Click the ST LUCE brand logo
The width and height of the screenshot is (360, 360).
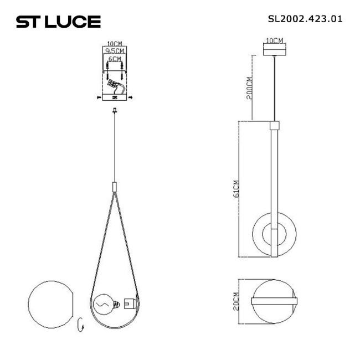pos(58,22)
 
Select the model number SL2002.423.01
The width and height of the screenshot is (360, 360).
pos(305,18)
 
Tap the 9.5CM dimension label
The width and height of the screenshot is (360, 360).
pos(115,50)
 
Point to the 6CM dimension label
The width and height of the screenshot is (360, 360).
pos(115,58)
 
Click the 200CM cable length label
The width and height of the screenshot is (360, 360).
pos(249,87)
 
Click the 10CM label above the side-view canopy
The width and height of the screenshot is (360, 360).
pos(275,40)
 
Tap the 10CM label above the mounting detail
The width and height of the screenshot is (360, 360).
pos(115,43)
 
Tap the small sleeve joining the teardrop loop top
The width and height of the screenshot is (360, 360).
pos(115,186)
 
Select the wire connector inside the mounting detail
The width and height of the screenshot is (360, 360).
pos(115,86)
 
